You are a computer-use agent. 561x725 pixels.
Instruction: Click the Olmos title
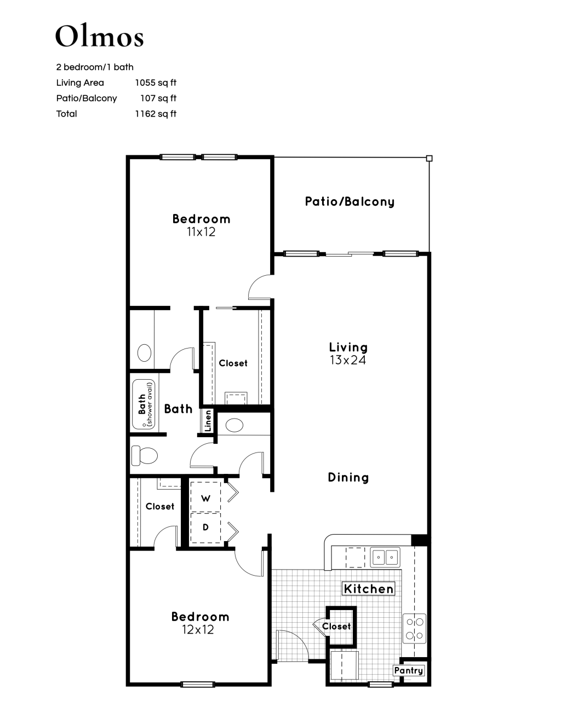(x=100, y=36)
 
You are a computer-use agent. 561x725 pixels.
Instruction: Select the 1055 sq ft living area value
(x=156, y=83)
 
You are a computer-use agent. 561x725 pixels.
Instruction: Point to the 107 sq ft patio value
(x=158, y=98)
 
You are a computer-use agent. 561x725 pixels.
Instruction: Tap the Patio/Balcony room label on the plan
(x=350, y=201)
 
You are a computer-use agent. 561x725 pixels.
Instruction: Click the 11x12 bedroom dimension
(x=201, y=231)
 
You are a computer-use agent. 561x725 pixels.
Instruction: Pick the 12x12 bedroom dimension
(x=198, y=630)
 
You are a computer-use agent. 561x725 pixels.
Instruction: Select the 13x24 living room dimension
(x=348, y=360)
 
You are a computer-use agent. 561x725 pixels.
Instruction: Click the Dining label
(x=348, y=478)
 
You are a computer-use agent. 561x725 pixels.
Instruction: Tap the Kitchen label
(x=369, y=589)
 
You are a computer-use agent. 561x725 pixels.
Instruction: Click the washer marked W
(x=205, y=498)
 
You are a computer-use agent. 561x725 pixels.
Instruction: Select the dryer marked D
(x=205, y=527)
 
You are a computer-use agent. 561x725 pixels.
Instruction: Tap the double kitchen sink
(x=385, y=557)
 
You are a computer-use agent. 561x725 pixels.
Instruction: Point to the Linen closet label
(x=208, y=420)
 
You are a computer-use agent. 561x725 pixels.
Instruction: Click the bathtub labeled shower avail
(x=144, y=404)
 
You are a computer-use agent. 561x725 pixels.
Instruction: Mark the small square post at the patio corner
(x=430, y=158)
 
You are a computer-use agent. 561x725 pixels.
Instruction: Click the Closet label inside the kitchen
(x=336, y=627)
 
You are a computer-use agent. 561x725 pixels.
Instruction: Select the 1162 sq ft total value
(x=156, y=114)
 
